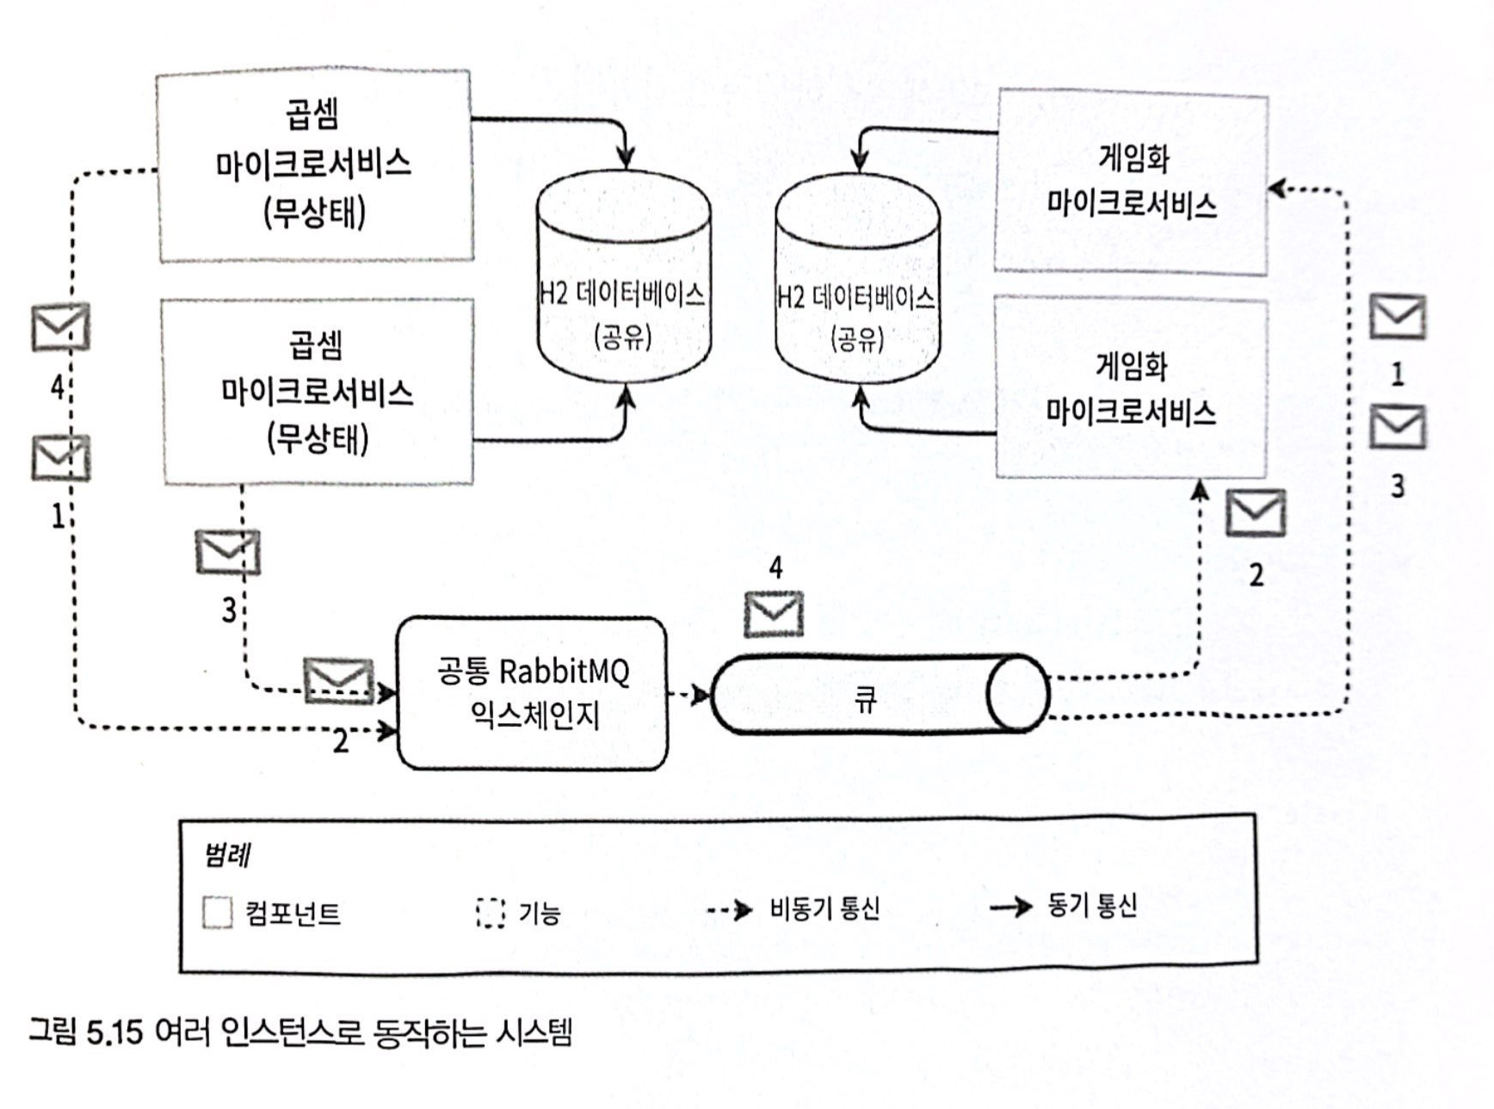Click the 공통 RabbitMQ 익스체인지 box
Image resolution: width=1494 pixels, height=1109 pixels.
tap(532, 693)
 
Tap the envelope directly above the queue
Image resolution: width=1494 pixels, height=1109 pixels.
tap(774, 614)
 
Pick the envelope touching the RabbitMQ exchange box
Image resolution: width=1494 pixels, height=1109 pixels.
tap(339, 680)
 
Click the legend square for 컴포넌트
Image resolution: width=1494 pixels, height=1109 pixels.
tap(218, 912)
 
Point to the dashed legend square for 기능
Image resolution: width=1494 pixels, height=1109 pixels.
tap(491, 913)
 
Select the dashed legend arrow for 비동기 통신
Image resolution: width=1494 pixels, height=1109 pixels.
tap(730, 910)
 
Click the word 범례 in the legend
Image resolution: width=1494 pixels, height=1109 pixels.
tap(227, 855)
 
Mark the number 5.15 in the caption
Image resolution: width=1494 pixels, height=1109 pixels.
tap(114, 1032)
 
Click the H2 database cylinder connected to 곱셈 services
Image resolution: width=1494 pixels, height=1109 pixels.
tap(623, 276)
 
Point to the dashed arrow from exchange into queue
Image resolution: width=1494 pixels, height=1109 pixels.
tap(689, 694)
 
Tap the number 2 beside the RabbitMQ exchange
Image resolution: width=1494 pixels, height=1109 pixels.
tap(342, 741)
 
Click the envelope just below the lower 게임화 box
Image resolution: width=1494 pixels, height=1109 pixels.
tap(1256, 513)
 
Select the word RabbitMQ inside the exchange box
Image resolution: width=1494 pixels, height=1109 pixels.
tap(565, 671)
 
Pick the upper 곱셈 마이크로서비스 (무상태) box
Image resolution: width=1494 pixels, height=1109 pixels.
tap(315, 165)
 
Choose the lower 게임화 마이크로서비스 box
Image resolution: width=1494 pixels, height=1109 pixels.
tap(1131, 387)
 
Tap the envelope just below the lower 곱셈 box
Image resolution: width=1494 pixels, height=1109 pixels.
tap(228, 552)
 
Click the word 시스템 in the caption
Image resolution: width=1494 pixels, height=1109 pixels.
tap(534, 1032)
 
